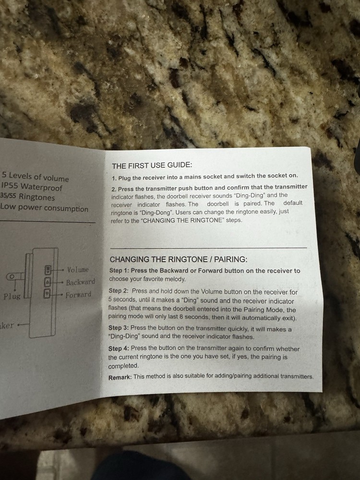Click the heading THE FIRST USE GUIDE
pyautogui.click(x=152, y=166)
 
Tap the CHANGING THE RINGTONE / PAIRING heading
pyautogui.click(x=179, y=260)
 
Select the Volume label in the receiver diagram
pyautogui.click(x=78, y=270)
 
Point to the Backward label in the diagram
pyautogui.click(x=80, y=282)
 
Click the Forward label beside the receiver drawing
pyautogui.click(x=78, y=295)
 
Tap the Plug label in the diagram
pyautogui.click(x=12, y=296)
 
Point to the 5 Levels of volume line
pyautogui.click(x=36, y=177)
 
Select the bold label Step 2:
pyautogui.click(x=119, y=291)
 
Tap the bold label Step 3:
pyautogui.click(x=119, y=328)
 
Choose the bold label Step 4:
pyautogui.click(x=119, y=348)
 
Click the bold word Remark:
pyautogui.click(x=120, y=377)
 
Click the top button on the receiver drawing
pyautogui.click(x=48, y=269)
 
